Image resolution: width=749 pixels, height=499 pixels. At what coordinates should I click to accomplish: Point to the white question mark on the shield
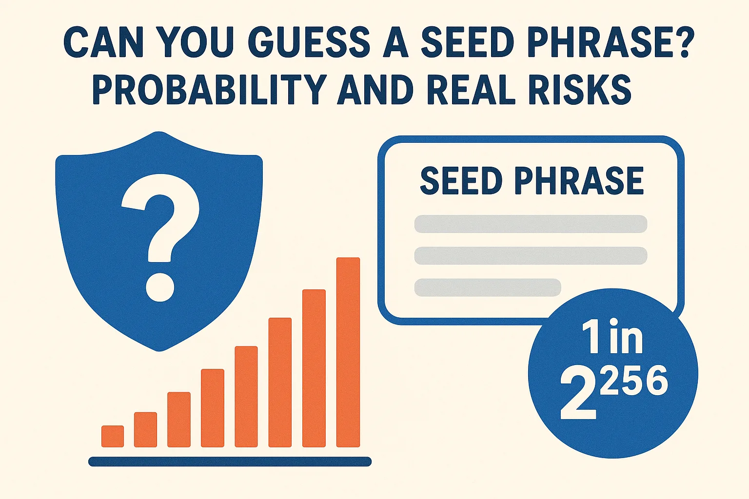tap(160, 229)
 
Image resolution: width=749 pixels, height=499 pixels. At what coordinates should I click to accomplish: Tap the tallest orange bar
tap(348, 352)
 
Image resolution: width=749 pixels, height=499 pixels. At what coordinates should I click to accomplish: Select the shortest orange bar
tap(113, 436)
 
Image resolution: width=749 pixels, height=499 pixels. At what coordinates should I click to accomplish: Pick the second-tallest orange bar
tap(314, 368)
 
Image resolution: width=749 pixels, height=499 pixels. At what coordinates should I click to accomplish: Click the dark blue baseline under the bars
tap(230, 461)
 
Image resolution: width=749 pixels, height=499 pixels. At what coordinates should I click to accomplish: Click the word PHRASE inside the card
tap(579, 181)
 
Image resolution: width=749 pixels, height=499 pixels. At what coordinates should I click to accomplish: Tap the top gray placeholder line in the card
tap(531, 224)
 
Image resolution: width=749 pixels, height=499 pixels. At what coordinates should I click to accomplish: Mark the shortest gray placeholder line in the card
tap(488, 288)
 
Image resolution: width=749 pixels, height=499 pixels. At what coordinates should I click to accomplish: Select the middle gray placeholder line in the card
tap(531, 256)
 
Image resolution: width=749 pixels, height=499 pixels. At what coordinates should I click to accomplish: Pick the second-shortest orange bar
tap(145, 429)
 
